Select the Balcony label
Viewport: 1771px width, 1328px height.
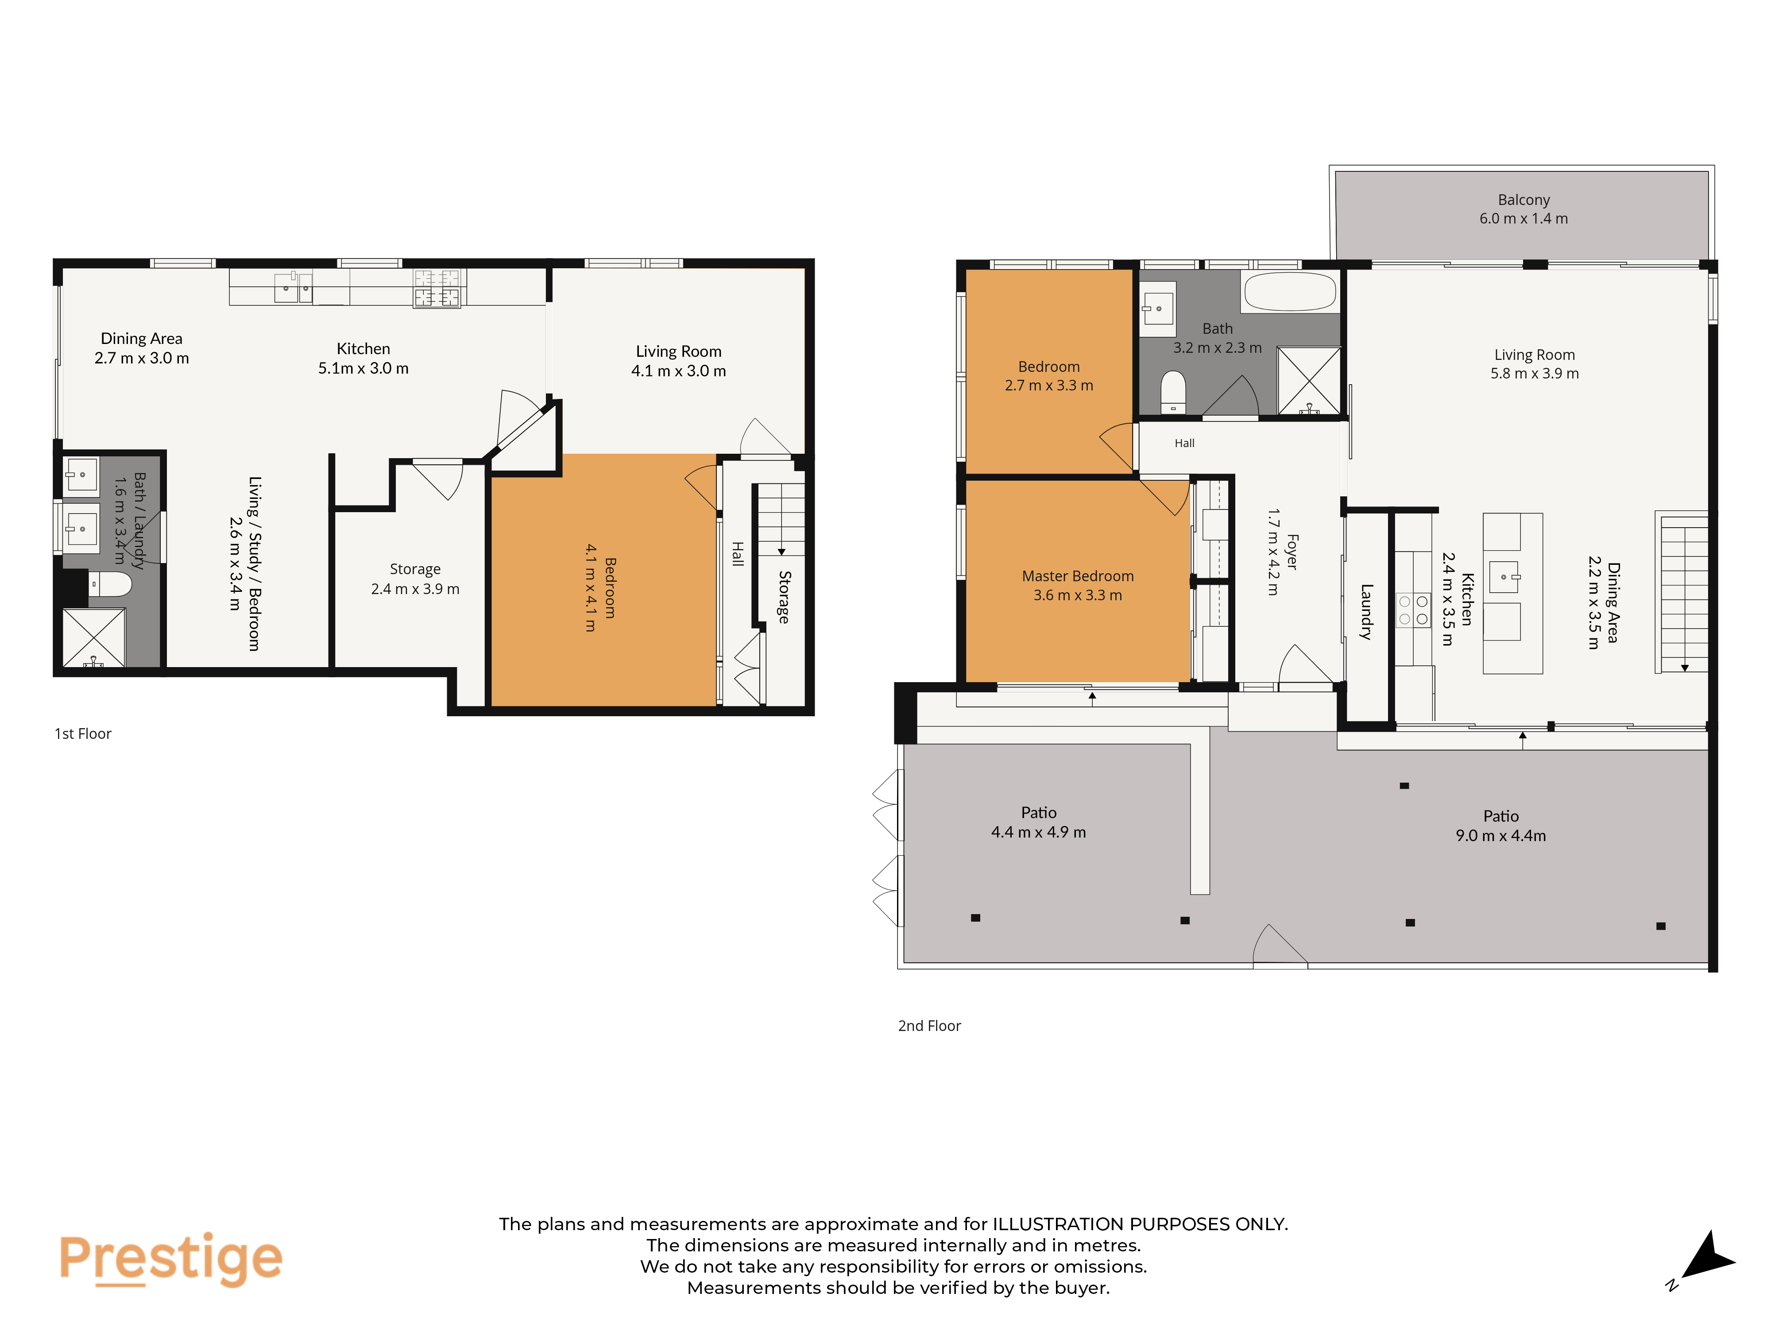[x=1524, y=199]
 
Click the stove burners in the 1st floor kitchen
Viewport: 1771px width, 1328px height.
[x=437, y=288]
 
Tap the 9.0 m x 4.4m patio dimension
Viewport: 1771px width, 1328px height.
[x=1500, y=836]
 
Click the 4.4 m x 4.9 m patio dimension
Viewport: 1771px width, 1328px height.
[x=1038, y=833]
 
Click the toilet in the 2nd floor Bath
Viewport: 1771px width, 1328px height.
[x=1173, y=391]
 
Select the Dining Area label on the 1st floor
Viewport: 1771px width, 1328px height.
[x=142, y=339]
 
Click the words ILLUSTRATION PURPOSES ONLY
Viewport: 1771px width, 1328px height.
[x=1140, y=1224]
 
